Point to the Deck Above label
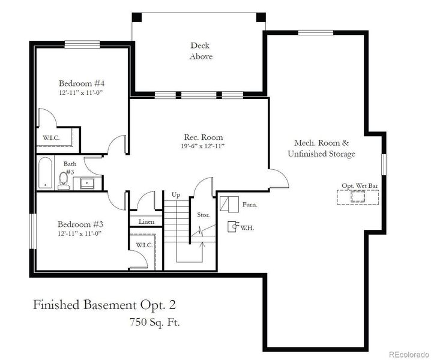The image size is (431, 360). coord(201,51)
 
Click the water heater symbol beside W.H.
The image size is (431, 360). coord(232,227)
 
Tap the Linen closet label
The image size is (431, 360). coord(146,222)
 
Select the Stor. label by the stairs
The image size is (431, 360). coord(203,214)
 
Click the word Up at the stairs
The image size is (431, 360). coord(176,195)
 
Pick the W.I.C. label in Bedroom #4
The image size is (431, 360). coord(51,137)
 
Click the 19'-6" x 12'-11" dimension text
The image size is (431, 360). coord(199,146)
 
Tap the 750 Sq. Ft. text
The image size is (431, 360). coord(154,322)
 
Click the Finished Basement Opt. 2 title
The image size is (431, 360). coord(104,304)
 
